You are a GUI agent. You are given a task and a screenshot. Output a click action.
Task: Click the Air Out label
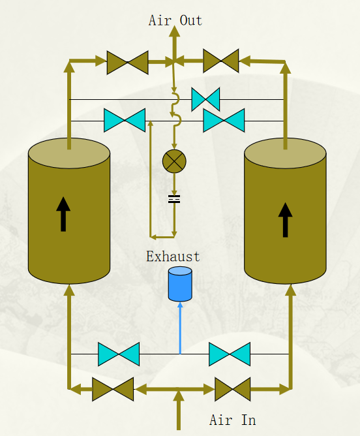tap(175, 20)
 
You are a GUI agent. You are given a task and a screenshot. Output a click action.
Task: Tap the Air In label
tap(232, 420)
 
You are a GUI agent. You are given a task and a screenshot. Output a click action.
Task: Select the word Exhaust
tap(173, 257)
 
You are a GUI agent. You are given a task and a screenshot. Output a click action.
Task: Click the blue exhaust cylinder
tap(180, 284)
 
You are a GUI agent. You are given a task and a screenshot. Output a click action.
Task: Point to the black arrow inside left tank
tap(63, 214)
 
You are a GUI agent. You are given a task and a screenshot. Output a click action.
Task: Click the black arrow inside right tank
tap(285, 220)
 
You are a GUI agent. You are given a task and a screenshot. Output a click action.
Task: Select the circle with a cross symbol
tap(174, 161)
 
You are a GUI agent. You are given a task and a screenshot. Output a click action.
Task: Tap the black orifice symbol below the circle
tap(174, 199)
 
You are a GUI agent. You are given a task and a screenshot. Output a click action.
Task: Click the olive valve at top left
tap(128, 63)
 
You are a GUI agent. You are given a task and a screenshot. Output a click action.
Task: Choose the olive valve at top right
tap(221, 61)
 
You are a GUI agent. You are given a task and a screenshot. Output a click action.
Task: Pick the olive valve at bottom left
tap(113, 389)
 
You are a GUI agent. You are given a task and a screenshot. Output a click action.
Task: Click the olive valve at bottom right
tap(232, 389)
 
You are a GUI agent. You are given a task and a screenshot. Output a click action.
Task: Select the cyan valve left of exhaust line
tap(119, 354)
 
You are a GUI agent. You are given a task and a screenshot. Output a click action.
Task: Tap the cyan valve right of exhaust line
tap(230, 354)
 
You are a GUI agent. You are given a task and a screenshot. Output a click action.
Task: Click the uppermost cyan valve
tap(205, 99)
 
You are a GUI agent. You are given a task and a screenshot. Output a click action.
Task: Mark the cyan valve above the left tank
tap(125, 120)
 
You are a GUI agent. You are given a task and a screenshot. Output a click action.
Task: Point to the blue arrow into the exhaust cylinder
tap(180, 328)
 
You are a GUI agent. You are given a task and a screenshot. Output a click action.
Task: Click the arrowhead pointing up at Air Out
tap(175, 31)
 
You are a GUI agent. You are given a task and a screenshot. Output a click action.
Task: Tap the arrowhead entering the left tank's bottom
tap(69, 290)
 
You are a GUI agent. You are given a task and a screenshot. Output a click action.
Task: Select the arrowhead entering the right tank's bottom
tap(291, 290)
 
